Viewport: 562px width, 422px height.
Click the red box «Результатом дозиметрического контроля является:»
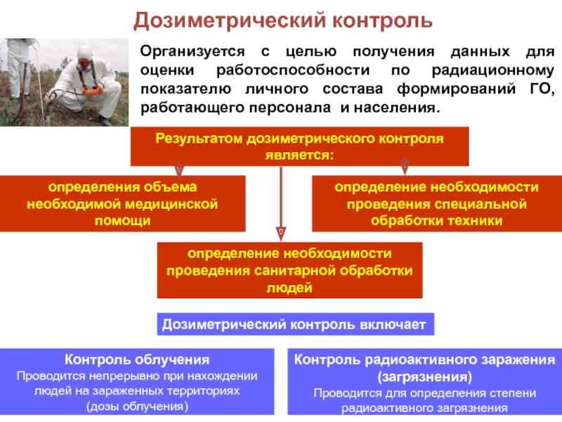[299, 146]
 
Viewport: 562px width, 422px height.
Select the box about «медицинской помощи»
[123, 204]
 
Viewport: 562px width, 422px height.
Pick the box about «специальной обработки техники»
[436, 204]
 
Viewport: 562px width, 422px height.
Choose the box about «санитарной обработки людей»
[289, 271]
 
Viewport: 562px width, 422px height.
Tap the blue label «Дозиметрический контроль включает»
[294, 324]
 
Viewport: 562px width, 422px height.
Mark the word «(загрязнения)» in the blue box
[424, 377]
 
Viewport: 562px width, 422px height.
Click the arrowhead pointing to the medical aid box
[180, 170]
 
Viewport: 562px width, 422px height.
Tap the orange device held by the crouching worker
[91, 90]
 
